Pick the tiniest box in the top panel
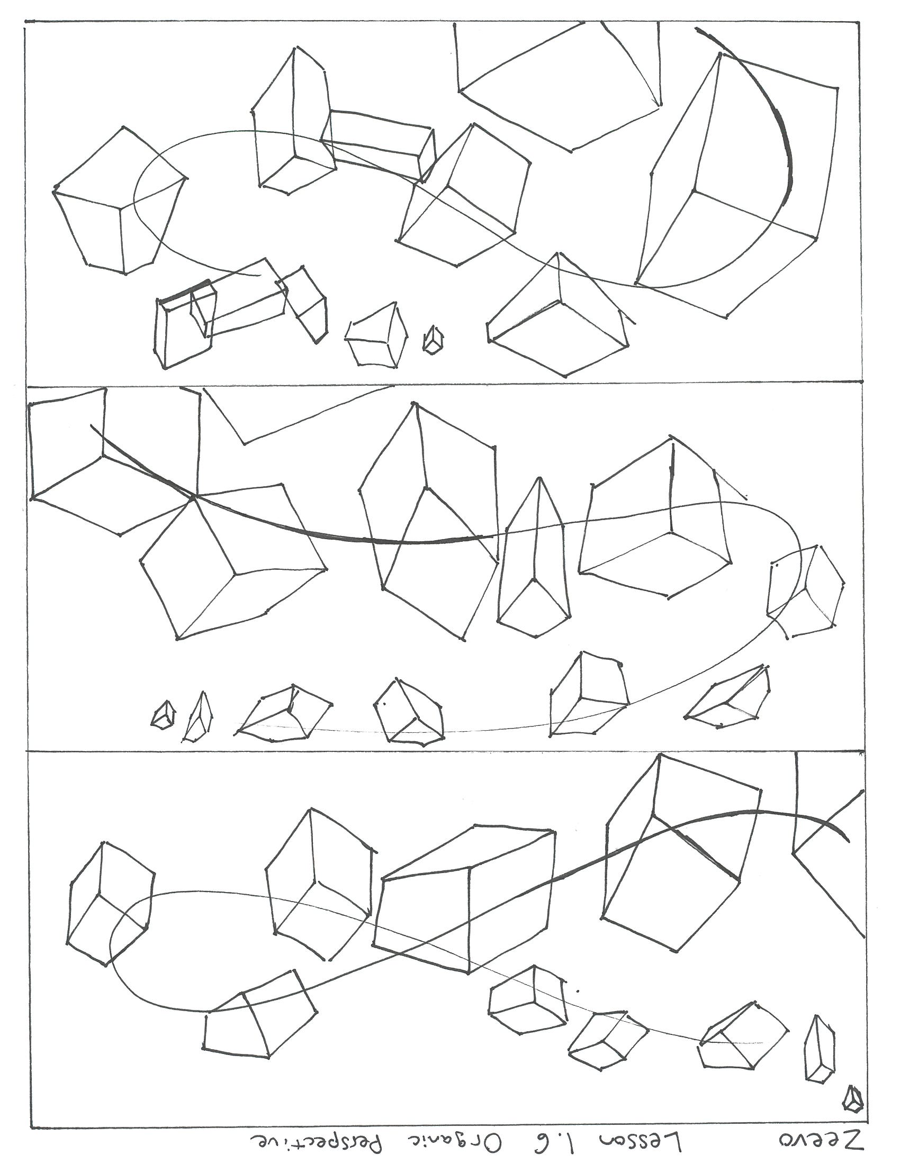pyautogui.click(x=434, y=340)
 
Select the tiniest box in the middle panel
pyautogui.click(x=163, y=714)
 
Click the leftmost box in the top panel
pyautogui.click(x=120, y=201)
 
